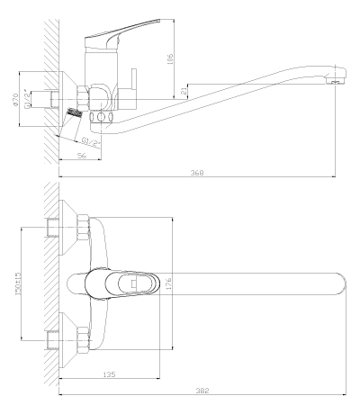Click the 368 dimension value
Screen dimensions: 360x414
197,173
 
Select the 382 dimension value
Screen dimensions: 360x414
202,391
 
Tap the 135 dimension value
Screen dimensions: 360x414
109,374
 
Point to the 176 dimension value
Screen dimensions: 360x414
168,283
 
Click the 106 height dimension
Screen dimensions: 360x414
170,59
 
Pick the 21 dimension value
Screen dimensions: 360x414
184,91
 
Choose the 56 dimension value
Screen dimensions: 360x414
82,156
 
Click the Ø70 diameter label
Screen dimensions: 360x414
15,99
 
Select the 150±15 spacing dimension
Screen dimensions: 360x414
18,283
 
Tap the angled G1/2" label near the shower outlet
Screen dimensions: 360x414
91,142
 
